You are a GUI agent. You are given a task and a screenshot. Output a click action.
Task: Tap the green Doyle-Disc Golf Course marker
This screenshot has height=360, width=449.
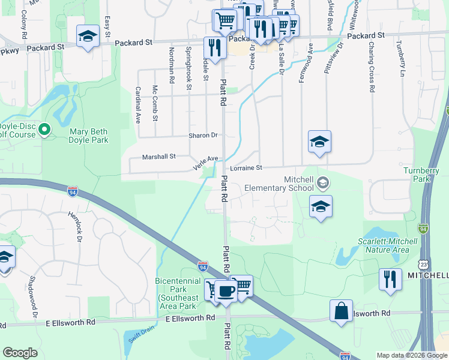coord(44,130)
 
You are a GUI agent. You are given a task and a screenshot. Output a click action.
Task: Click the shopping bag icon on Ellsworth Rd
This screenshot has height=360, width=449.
coord(341,311)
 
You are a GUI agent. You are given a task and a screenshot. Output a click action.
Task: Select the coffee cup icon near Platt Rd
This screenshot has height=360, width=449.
coord(226,292)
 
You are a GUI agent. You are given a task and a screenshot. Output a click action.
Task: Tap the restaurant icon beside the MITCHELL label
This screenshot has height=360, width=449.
coord(390,280)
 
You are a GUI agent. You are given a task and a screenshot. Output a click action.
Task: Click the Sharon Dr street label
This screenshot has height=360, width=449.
coord(203,136)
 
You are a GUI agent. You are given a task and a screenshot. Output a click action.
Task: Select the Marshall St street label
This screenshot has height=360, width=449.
coord(158,157)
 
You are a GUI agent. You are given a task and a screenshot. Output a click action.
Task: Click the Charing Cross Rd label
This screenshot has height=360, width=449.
coord(372,75)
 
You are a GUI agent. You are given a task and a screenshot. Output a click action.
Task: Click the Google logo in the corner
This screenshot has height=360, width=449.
coord(20,353)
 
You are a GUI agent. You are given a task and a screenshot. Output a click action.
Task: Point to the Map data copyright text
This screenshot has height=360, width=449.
coord(412,355)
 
